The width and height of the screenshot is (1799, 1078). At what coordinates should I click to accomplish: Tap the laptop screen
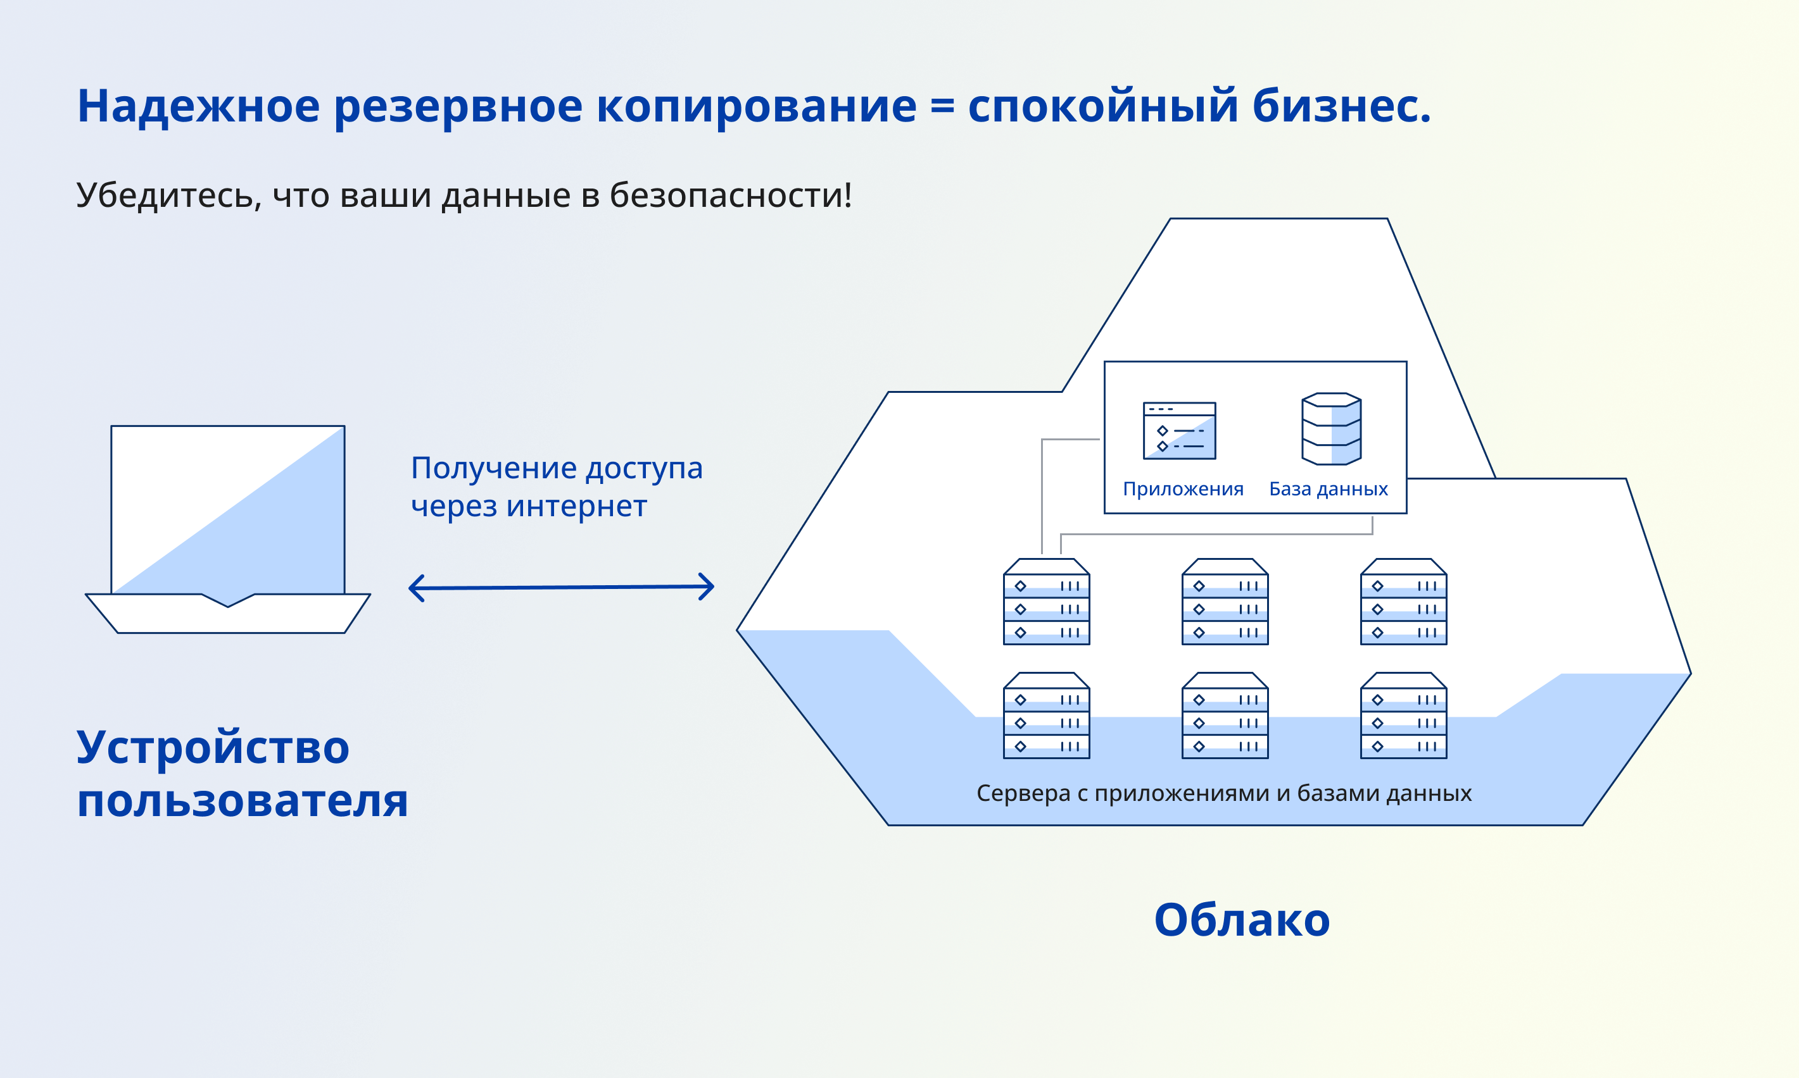coord(227,510)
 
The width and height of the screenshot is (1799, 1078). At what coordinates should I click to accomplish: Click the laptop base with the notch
coord(227,613)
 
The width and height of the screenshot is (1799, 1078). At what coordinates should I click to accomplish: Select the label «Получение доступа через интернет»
coord(557,486)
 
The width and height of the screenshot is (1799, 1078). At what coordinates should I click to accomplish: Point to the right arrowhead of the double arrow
coord(706,586)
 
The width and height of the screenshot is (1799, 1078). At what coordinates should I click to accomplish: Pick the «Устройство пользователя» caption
coord(242,774)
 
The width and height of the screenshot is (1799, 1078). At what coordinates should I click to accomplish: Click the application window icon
coord(1179,431)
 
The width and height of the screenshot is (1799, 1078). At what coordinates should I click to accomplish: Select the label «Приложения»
coord(1183,489)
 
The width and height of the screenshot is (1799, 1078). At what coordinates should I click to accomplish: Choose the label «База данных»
coord(1328,489)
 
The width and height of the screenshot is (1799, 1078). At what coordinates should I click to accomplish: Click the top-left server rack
coord(1046,602)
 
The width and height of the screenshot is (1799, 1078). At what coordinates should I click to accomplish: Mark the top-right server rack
coord(1404,602)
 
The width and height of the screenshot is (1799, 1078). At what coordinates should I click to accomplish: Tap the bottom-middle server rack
coord(1225,716)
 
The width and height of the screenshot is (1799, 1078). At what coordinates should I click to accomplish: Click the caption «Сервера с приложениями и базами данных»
coord(1224,793)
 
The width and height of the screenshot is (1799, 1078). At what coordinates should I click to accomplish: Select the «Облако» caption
coord(1242,920)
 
